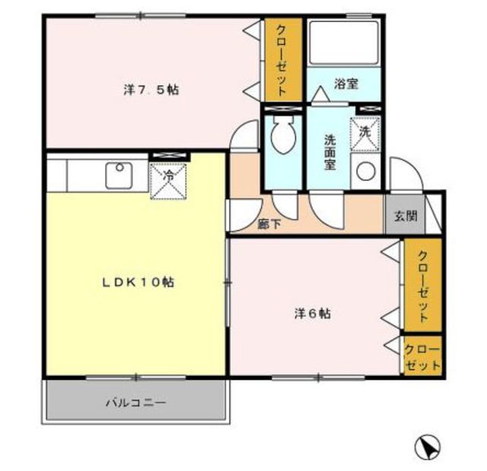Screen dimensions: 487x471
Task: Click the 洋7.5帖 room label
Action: [151, 90]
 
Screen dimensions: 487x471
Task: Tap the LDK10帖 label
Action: [138, 282]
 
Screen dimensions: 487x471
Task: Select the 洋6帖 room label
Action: [313, 314]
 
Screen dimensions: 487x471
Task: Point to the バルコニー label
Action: [136, 403]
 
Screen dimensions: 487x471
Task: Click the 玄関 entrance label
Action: [406, 216]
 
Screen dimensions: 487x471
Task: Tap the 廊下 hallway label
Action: [269, 224]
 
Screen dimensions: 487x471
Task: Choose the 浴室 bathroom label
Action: [346, 84]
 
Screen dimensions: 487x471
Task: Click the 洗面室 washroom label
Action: [329, 152]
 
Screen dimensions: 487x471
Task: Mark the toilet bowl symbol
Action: [282, 135]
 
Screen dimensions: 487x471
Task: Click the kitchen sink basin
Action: [119, 175]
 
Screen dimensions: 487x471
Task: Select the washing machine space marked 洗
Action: [365, 134]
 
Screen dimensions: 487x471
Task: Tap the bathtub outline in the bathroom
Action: [344, 43]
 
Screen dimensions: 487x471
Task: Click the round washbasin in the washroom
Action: [366, 171]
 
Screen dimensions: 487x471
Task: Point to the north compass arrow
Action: [428, 447]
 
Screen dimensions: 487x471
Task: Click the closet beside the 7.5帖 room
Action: [283, 59]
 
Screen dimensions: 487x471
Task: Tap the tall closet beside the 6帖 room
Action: [423, 285]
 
